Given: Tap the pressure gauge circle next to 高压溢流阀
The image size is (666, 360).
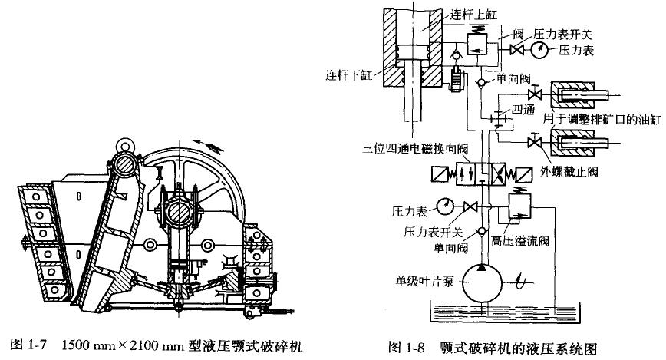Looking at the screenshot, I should click(445, 204).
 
